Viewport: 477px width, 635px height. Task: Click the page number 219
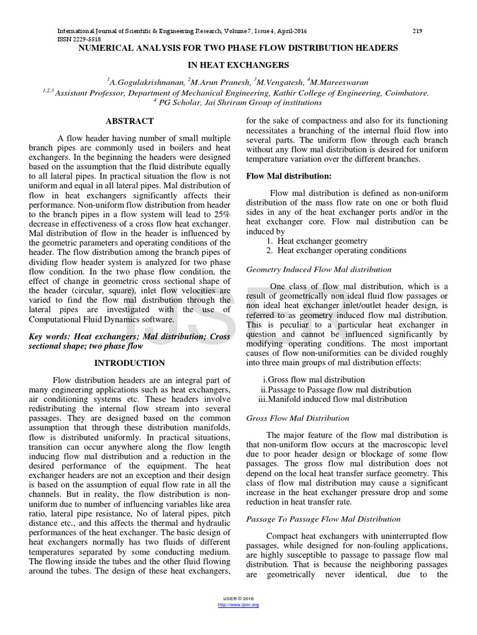[417, 31]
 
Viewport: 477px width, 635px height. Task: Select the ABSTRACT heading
[130, 122]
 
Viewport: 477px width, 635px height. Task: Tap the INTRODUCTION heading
[130, 363]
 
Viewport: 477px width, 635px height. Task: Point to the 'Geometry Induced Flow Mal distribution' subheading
[319, 270]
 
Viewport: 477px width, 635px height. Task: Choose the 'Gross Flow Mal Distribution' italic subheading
[298, 419]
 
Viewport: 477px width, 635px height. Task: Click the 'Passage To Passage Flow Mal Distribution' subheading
[324, 519]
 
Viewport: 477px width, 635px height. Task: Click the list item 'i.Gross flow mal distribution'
[314, 380]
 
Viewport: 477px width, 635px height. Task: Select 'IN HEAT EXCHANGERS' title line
[238, 64]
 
